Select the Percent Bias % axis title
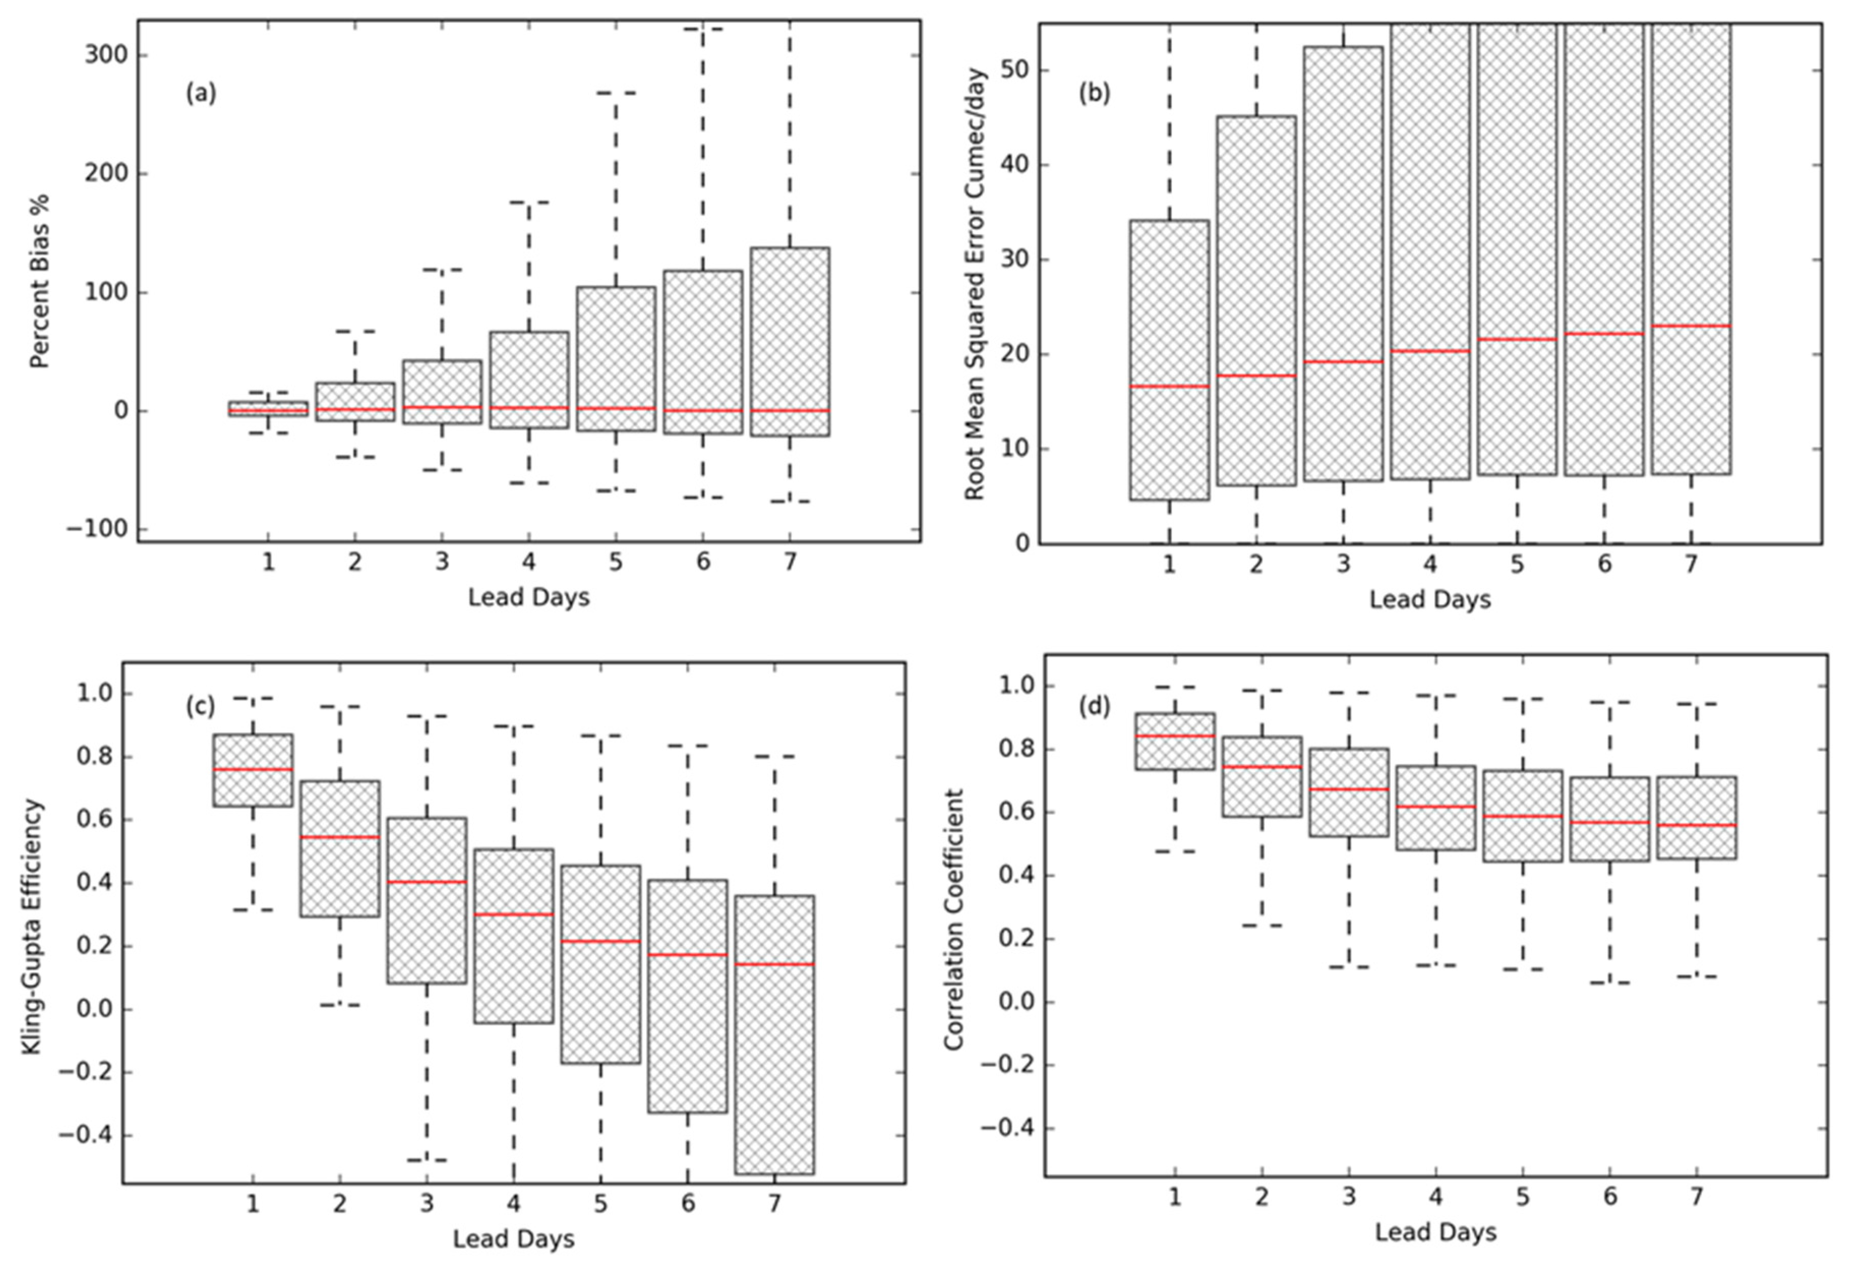tap(39, 281)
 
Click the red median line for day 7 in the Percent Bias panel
tap(789, 410)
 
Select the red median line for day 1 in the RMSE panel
tap(1170, 386)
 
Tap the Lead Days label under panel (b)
tap(1429, 599)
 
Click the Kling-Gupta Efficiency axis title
tap(32, 926)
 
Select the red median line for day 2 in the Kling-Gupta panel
tap(340, 837)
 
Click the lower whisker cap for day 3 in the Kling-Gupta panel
tap(427, 1160)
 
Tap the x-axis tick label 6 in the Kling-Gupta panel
tap(687, 1203)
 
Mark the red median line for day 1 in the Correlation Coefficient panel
tap(1175, 736)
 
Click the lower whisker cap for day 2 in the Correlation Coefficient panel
tap(1262, 925)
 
